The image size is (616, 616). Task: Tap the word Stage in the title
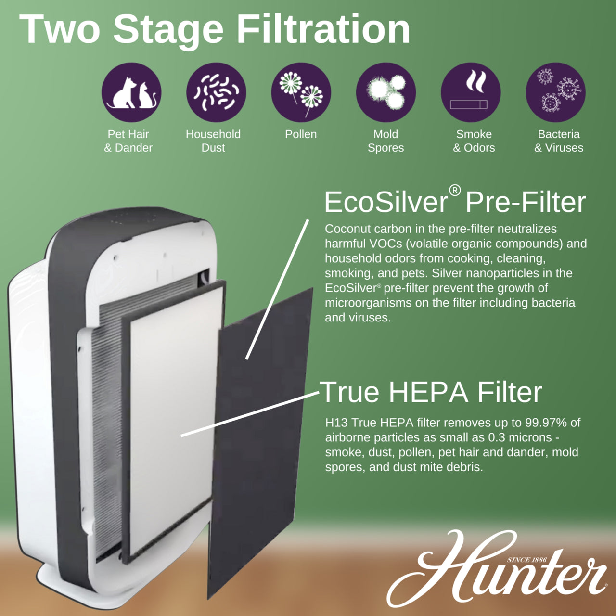(168, 29)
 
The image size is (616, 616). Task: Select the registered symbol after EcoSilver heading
(455, 191)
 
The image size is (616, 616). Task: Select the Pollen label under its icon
(301, 134)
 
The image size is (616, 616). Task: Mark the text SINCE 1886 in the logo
(526, 560)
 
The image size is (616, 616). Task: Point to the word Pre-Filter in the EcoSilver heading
(526, 202)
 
